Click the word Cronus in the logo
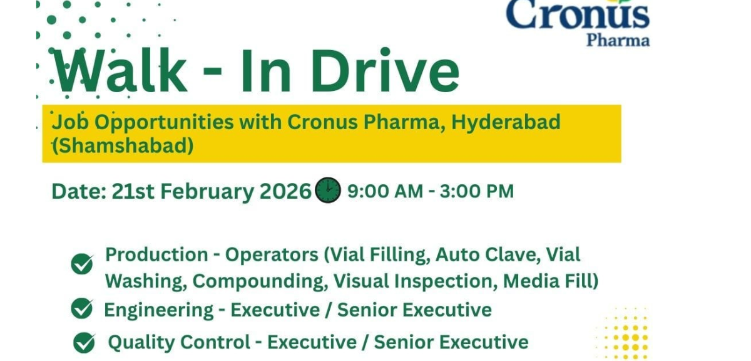pyautogui.click(x=577, y=15)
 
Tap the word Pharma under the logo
pyautogui.click(x=618, y=41)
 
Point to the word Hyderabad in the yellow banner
pyautogui.click(x=506, y=122)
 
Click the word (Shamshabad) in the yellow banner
pyautogui.click(x=123, y=145)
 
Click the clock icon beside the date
pyautogui.click(x=328, y=190)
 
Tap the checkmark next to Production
pyautogui.click(x=82, y=264)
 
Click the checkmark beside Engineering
pyautogui.click(x=82, y=309)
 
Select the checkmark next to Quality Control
pyautogui.click(x=84, y=343)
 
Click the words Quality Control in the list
pyautogui.click(x=179, y=342)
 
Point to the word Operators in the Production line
pyautogui.click(x=272, y=254)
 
